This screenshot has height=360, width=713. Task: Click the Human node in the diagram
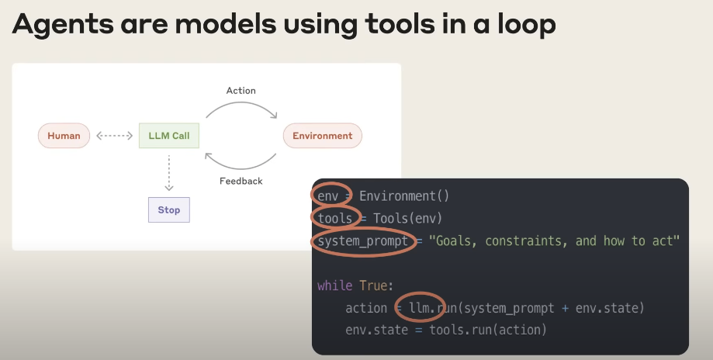point(64,136)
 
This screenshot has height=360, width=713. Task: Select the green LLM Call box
point(169,136)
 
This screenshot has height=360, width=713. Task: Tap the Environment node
point(323,136)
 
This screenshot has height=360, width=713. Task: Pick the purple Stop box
point(168,210)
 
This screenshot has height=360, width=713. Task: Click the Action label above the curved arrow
point(241,91)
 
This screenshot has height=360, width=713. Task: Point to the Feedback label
point(241,181)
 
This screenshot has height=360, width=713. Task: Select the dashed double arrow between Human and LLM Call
point(115,136)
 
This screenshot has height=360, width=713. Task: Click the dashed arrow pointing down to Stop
point(168,173)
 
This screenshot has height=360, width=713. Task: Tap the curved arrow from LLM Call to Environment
point(241,102)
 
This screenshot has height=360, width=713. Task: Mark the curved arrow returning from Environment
point(241,168)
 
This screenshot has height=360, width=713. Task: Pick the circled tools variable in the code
point(335,218)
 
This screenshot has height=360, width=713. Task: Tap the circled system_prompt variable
point(363,241)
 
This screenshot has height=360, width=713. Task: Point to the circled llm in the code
point(419,308)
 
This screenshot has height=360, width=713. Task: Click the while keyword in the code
point(334,286)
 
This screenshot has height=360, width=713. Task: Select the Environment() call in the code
point(404,196)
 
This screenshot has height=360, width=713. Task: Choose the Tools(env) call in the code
point(408,218)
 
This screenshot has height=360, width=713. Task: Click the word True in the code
point(374,286)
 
